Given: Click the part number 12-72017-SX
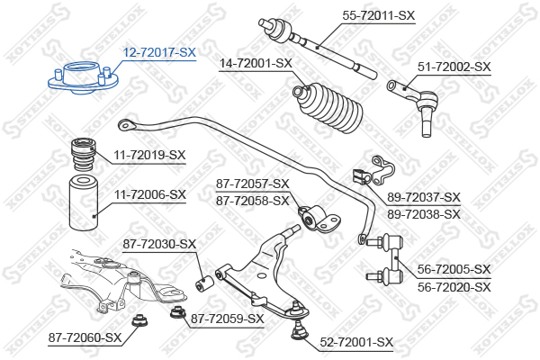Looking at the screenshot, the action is pyautogui.click(x=159, y=52).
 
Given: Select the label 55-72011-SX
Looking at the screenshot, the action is pyautogui.click(x=379, y=15).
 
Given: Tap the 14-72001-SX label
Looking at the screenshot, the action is pyautogui.click(x=256, y=63).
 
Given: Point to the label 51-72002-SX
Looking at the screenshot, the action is pyautogui.click(x=454, y=67).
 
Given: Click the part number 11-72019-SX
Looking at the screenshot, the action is pyautogui.click(x=149, y=155).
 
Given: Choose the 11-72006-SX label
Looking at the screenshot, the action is pyautogui.click(x=149, y=194).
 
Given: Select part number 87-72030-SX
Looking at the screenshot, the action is pyautogui.click(x=159, y=244).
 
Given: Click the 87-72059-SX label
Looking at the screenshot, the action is pyautogui.click(x=228, y=319).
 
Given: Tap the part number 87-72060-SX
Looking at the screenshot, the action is pyautogui.click(x=85, y=337).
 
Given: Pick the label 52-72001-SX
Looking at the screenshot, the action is pyautogui.click(x=356, y=342).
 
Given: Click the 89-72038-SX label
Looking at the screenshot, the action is pyautogui.click(x=424, y=214).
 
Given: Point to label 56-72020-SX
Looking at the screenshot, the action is pyautogui.click(x=454, y=286).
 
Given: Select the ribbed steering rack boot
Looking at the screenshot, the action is pyautogui.click(x=328, y=108).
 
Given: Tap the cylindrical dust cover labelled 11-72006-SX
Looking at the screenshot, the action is pyautogui.click(x=84, y=203).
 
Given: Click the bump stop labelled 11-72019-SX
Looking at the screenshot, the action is pyautogui.click(x=83, y=154).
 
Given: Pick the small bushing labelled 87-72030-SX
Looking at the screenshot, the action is pyautogui.click(x=204, y=283).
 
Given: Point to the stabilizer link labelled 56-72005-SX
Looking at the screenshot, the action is pyautogui.click(x=385, y=258).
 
